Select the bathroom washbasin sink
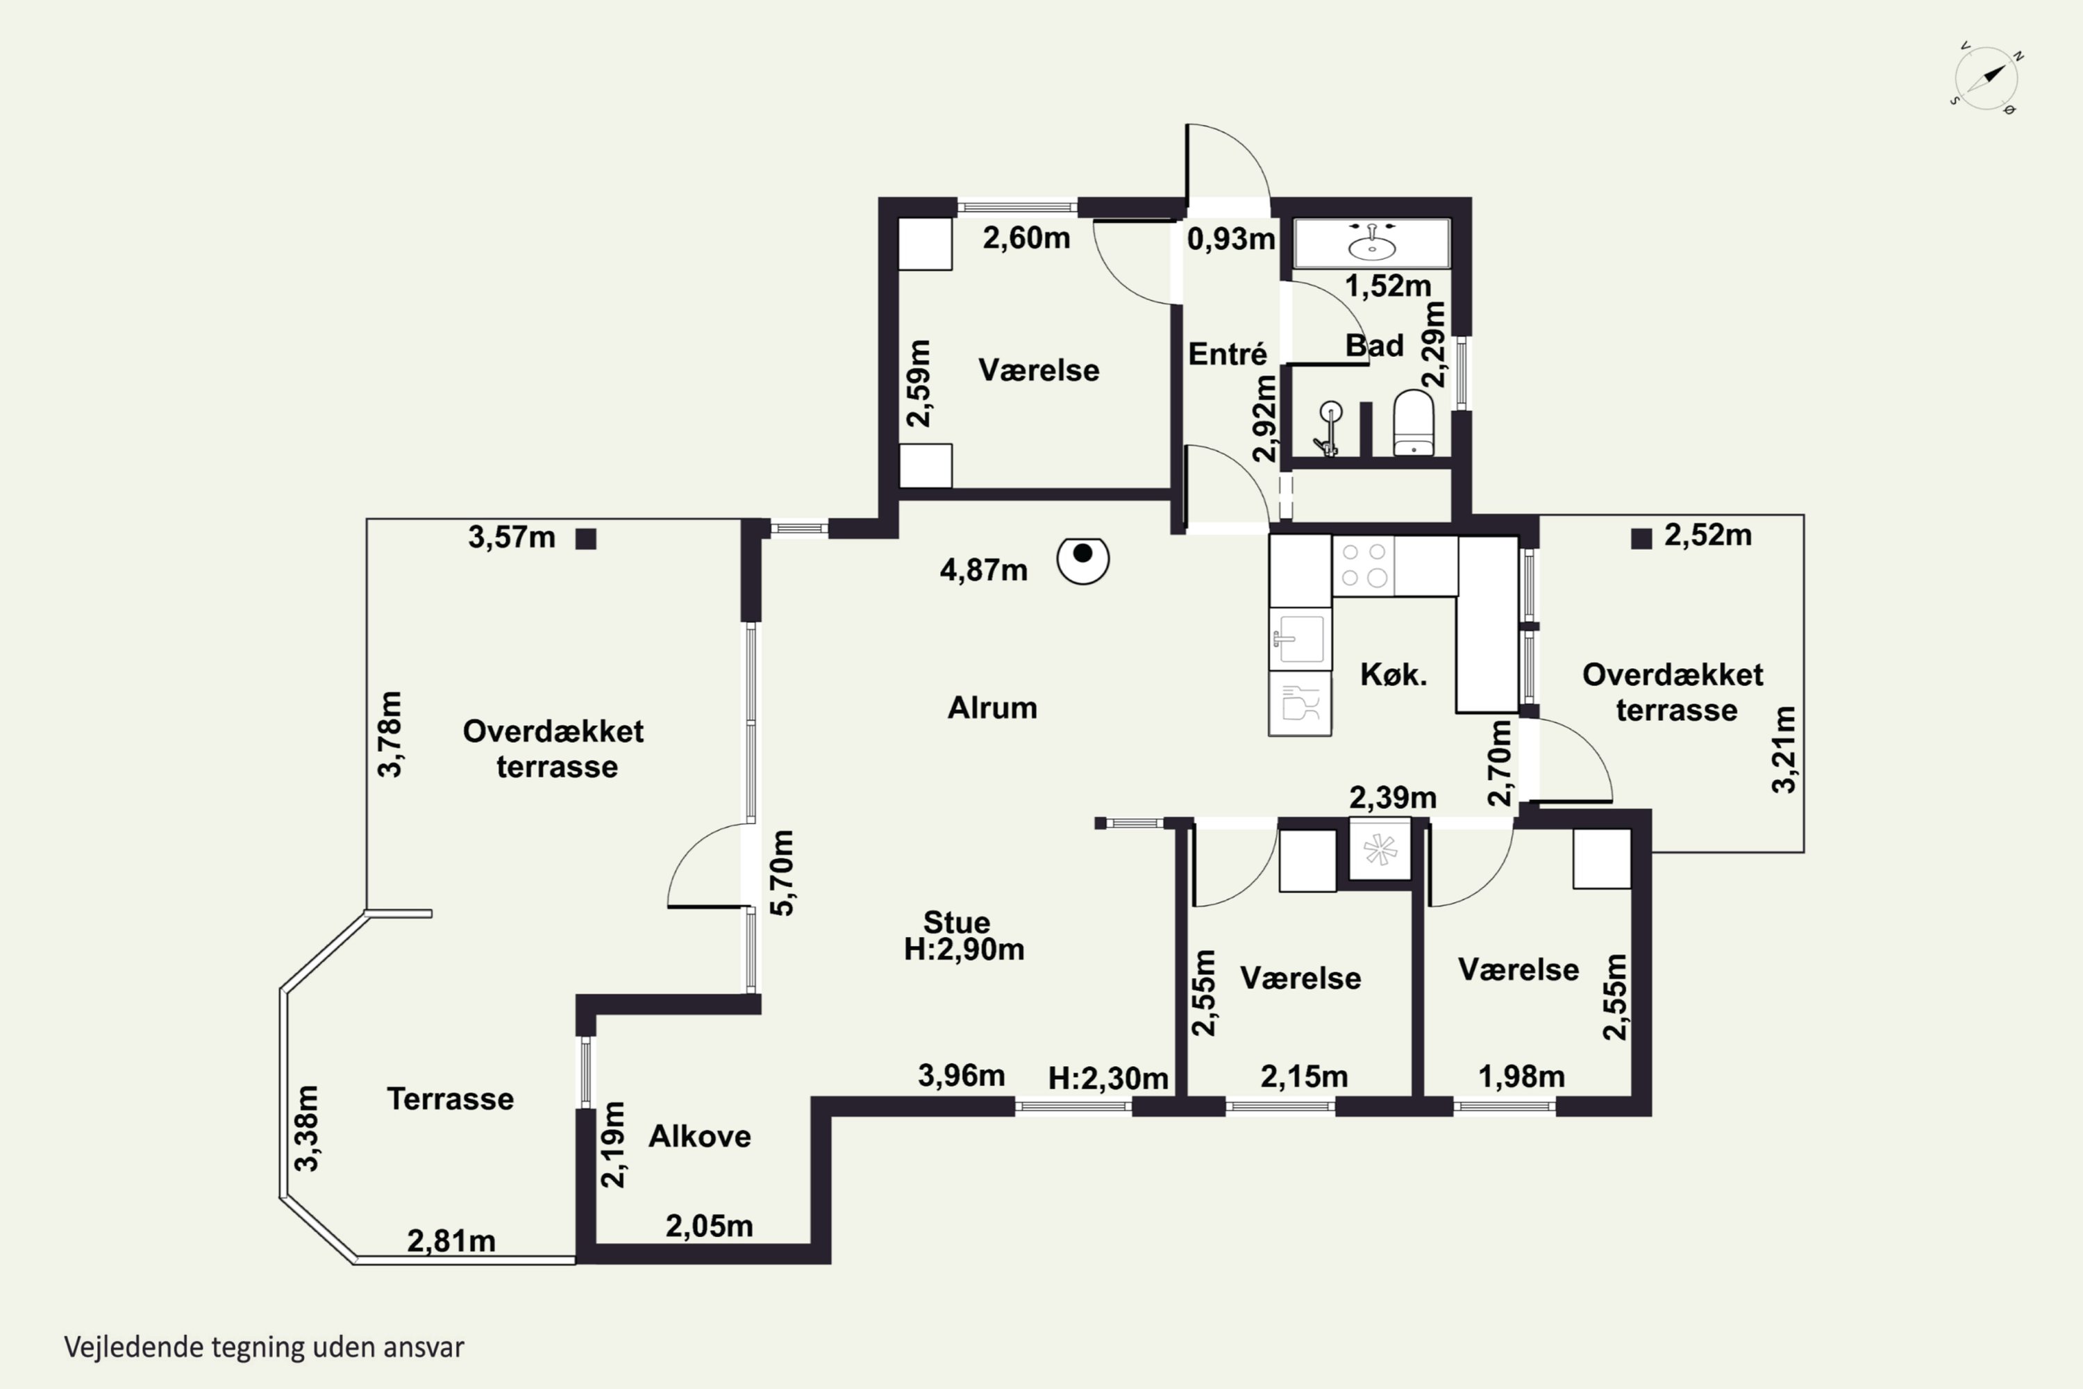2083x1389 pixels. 1372,242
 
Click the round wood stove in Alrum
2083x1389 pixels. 1083,559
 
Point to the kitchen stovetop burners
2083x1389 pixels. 1364,565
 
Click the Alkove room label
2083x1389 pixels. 700,1136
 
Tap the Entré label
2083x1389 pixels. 1228,354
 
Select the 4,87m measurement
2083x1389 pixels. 983,569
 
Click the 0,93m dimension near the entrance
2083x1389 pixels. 1231,238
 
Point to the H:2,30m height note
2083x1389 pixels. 1108,1078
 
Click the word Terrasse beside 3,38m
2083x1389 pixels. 451,1099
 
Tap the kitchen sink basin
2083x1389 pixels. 1299,638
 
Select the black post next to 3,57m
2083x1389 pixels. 586,539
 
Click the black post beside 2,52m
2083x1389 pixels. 1641,539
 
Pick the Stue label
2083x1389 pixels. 957,922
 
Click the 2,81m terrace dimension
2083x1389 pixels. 451,1241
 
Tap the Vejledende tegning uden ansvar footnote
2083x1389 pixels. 264,1347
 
